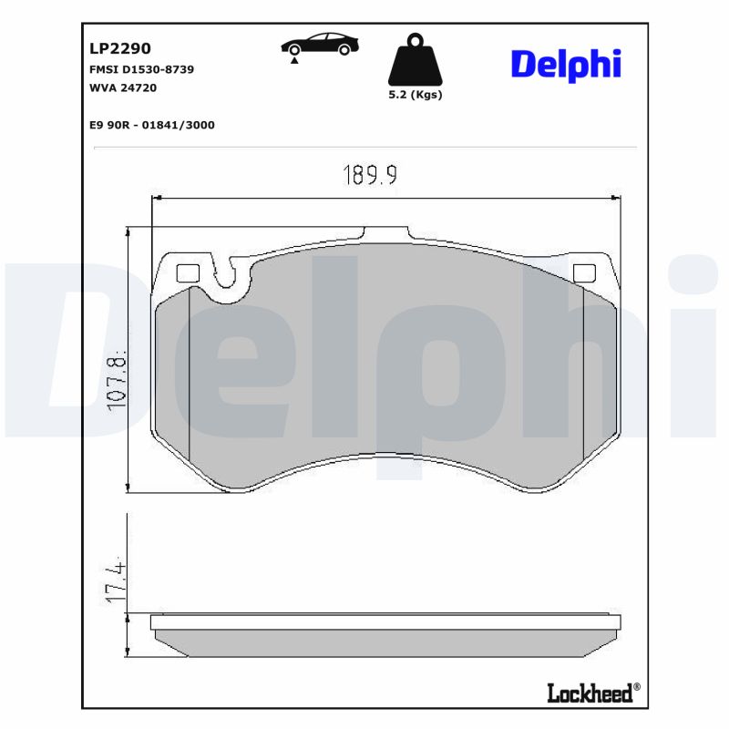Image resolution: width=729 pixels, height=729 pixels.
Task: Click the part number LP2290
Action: pos(119,48)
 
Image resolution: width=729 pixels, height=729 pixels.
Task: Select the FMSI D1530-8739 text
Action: pos(140,69)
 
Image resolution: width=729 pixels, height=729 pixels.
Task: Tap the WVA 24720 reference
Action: pos(123,88)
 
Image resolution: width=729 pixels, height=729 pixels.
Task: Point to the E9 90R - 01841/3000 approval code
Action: pos(151,125)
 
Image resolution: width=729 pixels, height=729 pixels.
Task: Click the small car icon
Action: pos(319,45)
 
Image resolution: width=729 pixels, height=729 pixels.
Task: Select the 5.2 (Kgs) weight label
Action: pos(415,95)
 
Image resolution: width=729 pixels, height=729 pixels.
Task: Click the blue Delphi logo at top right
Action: pos(565,64)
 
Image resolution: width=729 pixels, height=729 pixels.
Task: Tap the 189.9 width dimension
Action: pos(369,175)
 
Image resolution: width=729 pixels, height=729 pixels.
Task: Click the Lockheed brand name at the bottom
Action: pos(589,693)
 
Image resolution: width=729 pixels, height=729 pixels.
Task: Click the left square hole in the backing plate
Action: pos(187,272)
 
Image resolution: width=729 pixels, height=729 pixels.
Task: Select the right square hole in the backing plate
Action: pos(583,272)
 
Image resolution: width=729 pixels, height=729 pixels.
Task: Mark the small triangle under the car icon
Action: pos(294,61)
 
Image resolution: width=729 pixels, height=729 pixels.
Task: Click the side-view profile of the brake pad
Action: pos(386,635)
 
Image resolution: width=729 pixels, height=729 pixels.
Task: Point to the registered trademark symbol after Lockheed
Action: pos(636,687)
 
